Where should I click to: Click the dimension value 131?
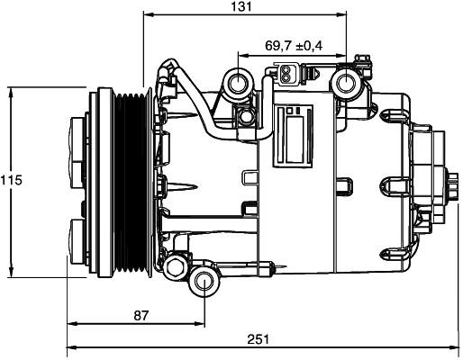click(x=241, y=6)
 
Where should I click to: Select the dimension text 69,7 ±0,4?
click(x=294, y=46)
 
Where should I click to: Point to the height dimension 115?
click(x=11, y=180)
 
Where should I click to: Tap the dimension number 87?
click(x=141, y=315)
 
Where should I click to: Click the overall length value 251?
click(x=258, y=339)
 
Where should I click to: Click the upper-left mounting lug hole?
click(x=239, y=83)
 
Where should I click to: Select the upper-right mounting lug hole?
click(x=346, y=84)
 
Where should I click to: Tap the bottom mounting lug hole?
click(x=204, y=282)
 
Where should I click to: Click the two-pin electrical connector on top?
click(x=286, y=74)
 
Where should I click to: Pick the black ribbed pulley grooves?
click(x=131, y=183)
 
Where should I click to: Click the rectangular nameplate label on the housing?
click(x=293, y=136)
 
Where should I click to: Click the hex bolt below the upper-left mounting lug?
click(x=246, y=116)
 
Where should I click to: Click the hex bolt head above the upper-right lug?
click(x=363, y=58)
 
